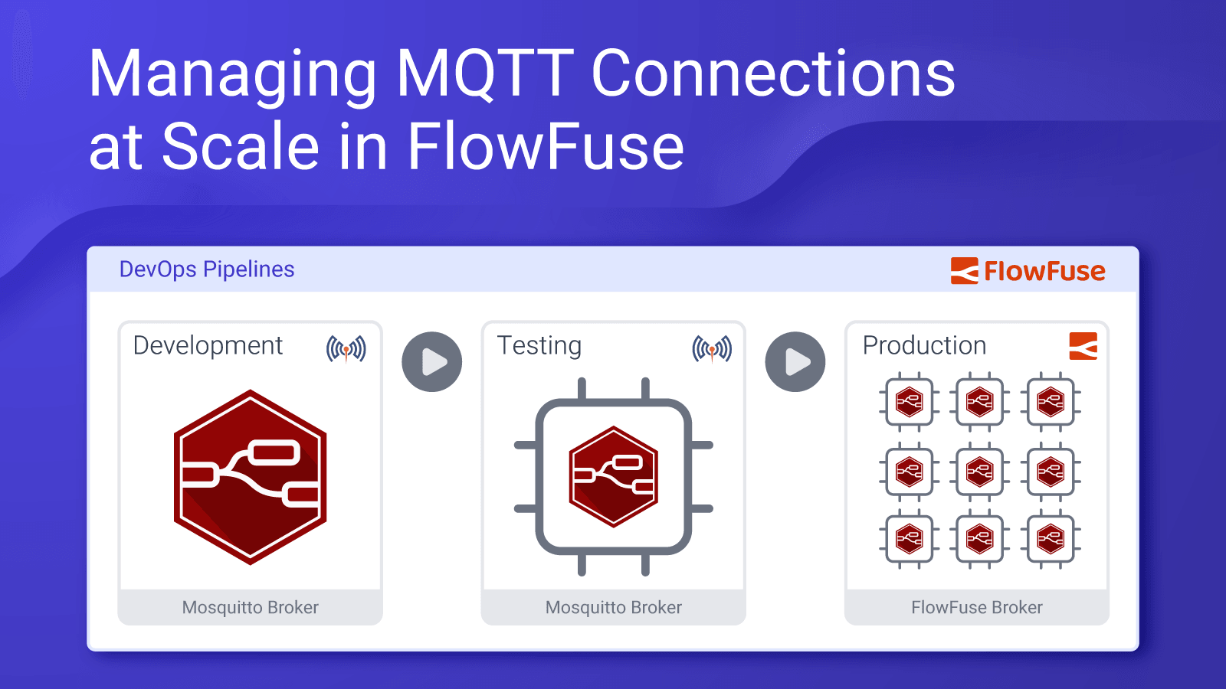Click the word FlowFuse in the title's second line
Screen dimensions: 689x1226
click(x=545, y=146)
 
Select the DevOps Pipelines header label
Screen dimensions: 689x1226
click(x=207, y=269)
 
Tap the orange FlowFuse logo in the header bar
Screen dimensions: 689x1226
click(x=1028, y=271)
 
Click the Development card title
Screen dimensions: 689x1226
click(x=208, y=345)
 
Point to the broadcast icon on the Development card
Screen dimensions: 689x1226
click(x=346, y=349)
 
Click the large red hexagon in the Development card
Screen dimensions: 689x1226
click(x=251, y=476)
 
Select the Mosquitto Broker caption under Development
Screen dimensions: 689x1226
click(x=250, y=607)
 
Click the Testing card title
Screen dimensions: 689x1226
click(x=539, y=345)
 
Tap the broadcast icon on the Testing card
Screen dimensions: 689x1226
click(x=712, y=349)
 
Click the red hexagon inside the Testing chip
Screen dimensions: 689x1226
click(x=613, y=476)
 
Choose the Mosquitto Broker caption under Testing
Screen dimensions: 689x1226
click(x=613, y=607)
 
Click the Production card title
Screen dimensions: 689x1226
click(x=924, y=345)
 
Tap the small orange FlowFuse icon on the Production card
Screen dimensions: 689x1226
click(x=1083, y=346)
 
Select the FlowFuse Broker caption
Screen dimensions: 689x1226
click(x=977, y=607)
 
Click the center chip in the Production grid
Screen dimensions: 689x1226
click(x=980, y=472)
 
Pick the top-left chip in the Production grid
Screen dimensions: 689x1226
click(x=909, y=401)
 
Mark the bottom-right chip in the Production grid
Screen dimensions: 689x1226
click(x=1051, y=540)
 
